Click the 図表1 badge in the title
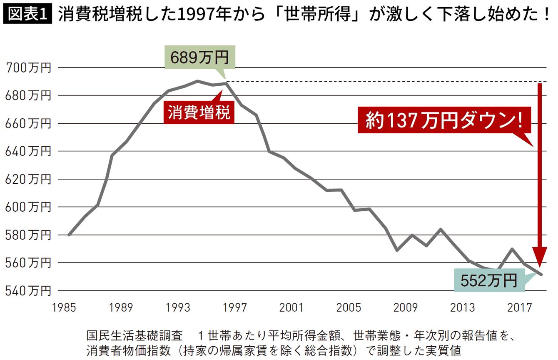[x=27, y=15]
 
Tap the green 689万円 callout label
[x=199, y=57]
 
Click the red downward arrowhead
[x=540, y=257]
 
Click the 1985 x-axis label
[x=64, y=308]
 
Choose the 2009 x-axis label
[x=406, y=308]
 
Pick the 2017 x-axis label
[x=520, y=308]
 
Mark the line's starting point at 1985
[x=69, y=235]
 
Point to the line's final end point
[x=542, y=274]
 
